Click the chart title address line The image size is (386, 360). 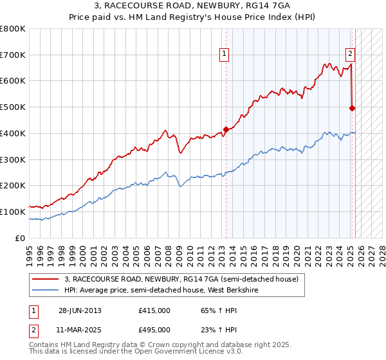point(193,7)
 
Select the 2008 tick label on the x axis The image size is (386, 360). point(169,251)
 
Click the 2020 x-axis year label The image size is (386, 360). point(297,251)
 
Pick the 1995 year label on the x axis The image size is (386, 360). point(30,251)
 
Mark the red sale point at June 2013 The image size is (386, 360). point(226,129)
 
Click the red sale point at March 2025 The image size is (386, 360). point(352,109)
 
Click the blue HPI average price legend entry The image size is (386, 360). point(173,290)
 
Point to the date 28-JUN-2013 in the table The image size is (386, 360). point(80,310)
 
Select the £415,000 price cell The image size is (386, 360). point(154,310)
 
